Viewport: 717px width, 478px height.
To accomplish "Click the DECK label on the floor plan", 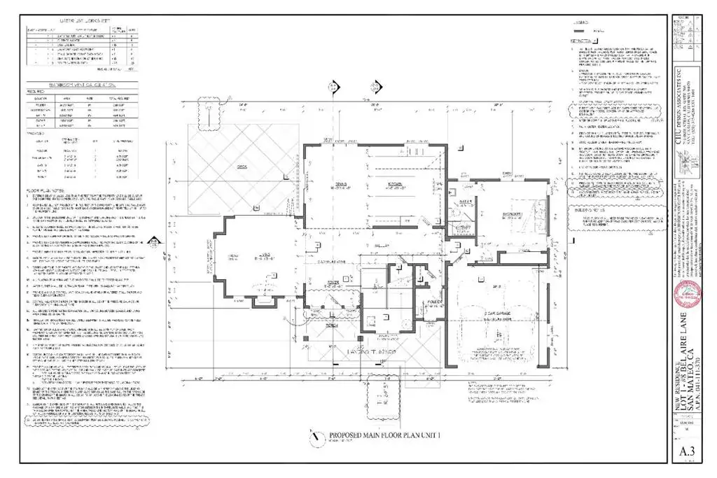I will [244, 168].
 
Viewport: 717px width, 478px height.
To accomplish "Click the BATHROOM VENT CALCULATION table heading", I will [77, 85].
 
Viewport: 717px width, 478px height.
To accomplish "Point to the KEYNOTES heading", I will [580, 41].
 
